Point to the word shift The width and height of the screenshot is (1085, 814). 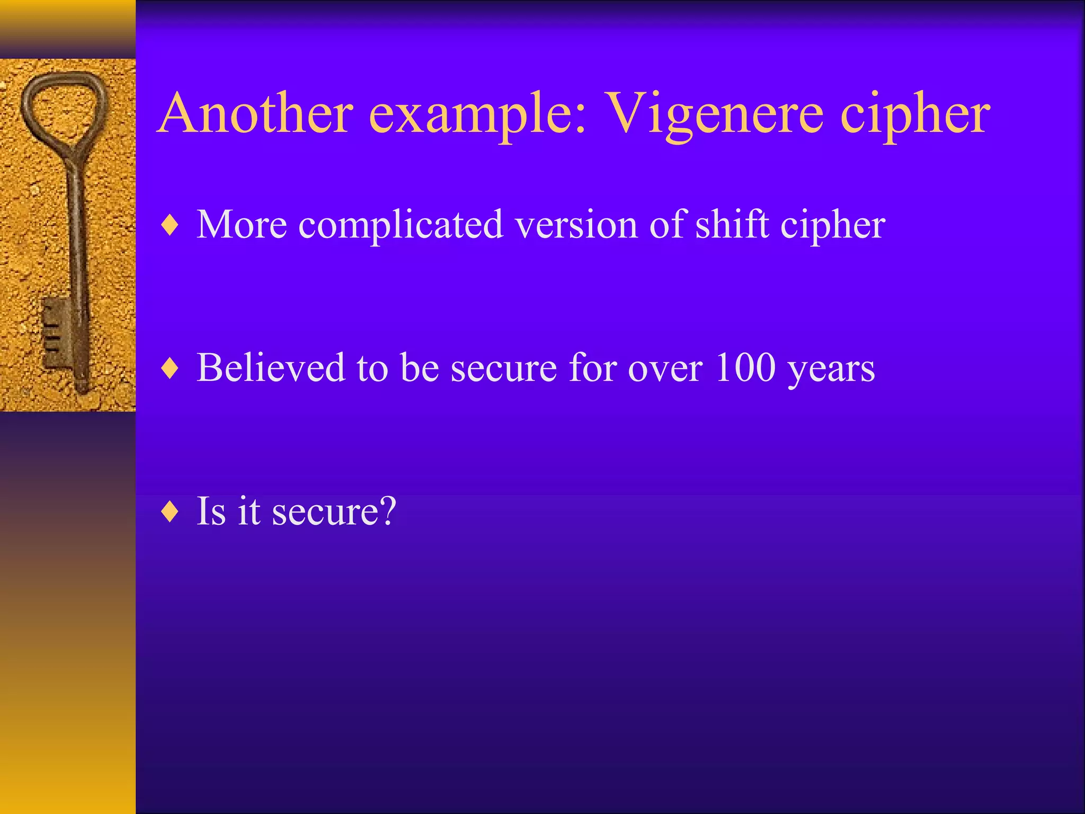[x=732, y=225]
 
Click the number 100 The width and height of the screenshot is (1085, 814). [x=745, y=367]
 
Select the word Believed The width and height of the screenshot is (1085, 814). [x=271, y=367]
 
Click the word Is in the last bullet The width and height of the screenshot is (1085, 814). [x=211, y=511]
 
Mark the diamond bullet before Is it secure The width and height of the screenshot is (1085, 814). [x=170, y=511]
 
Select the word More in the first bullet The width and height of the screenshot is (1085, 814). [x=242, y=225]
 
